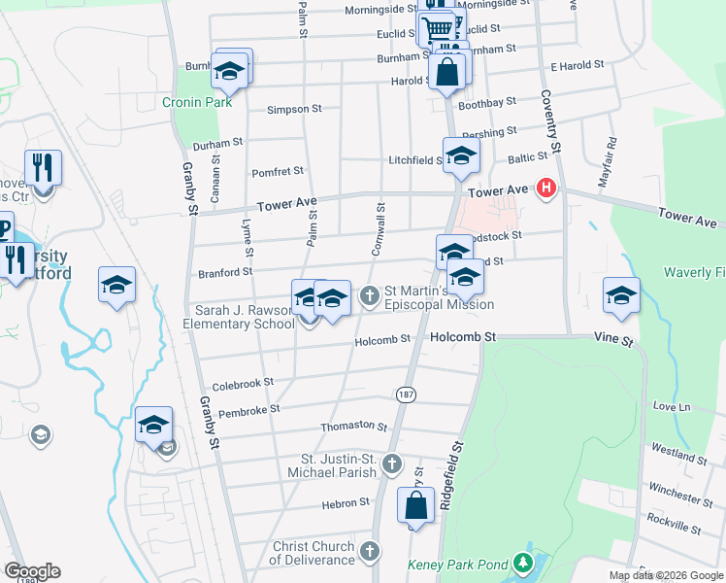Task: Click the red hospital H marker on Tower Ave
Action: (546, 189)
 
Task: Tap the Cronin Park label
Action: (190, 101)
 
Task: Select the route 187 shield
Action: (406, 393)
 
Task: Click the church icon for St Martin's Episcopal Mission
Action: (369, 295)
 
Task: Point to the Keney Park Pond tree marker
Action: (524, 563)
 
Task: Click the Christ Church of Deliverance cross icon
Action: (368, 552)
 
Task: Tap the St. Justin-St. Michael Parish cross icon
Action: (391, 463)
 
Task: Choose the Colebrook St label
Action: (244, 384)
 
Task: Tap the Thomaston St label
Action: (354, 427)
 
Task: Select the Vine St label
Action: (614, 342)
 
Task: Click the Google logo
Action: (32, 571)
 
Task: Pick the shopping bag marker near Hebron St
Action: (415, 507)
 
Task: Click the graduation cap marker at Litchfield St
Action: (462, 155)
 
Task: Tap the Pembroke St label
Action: (248, 410)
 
